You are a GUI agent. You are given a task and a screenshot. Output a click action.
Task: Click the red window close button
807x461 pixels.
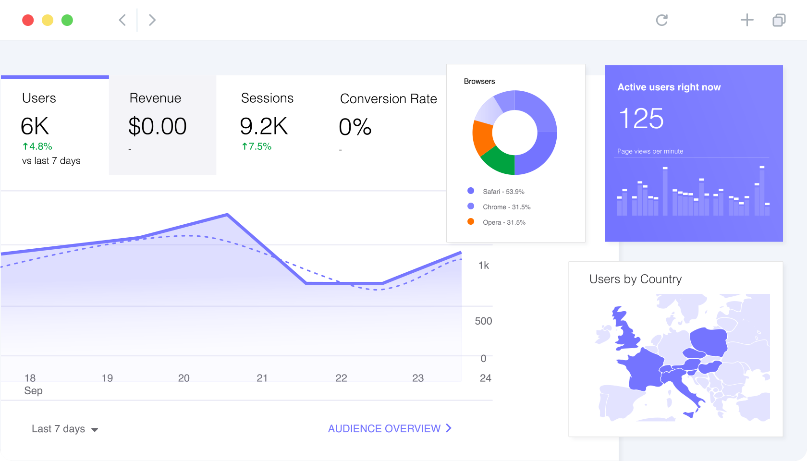[x=28, y=20]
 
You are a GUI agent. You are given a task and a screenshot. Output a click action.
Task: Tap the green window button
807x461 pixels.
[x=67, y=20]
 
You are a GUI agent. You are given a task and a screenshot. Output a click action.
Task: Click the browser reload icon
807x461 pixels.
[x=662, y=20]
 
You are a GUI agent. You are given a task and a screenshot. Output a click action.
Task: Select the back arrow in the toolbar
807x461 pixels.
[x=122, y=20]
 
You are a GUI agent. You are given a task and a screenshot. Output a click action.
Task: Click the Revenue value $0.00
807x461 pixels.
[x=158, y=126]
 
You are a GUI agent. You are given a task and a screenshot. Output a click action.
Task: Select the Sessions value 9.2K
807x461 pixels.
[x=264, y=126]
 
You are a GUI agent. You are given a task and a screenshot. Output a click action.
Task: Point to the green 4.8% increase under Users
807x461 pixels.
[x=37, y=146]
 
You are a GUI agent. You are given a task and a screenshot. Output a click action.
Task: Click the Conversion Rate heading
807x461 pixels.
[x=388, y=99]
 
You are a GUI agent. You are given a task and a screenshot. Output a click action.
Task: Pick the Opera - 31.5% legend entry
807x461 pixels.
[x=497, y=222]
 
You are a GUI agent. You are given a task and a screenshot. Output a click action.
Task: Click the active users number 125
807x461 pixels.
[x=641, y=119]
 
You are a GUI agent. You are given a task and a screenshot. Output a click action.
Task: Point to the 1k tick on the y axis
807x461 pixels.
[x=483, y=266]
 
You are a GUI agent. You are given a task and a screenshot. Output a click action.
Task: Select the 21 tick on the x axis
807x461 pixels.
[x=262, y=378]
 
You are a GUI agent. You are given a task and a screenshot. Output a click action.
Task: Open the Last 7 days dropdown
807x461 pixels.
[x=65, y=428]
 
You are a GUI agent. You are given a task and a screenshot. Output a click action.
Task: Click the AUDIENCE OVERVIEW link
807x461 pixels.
[x=390, y=428]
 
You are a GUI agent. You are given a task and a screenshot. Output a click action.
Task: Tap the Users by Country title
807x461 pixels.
[x=636, y=279]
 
